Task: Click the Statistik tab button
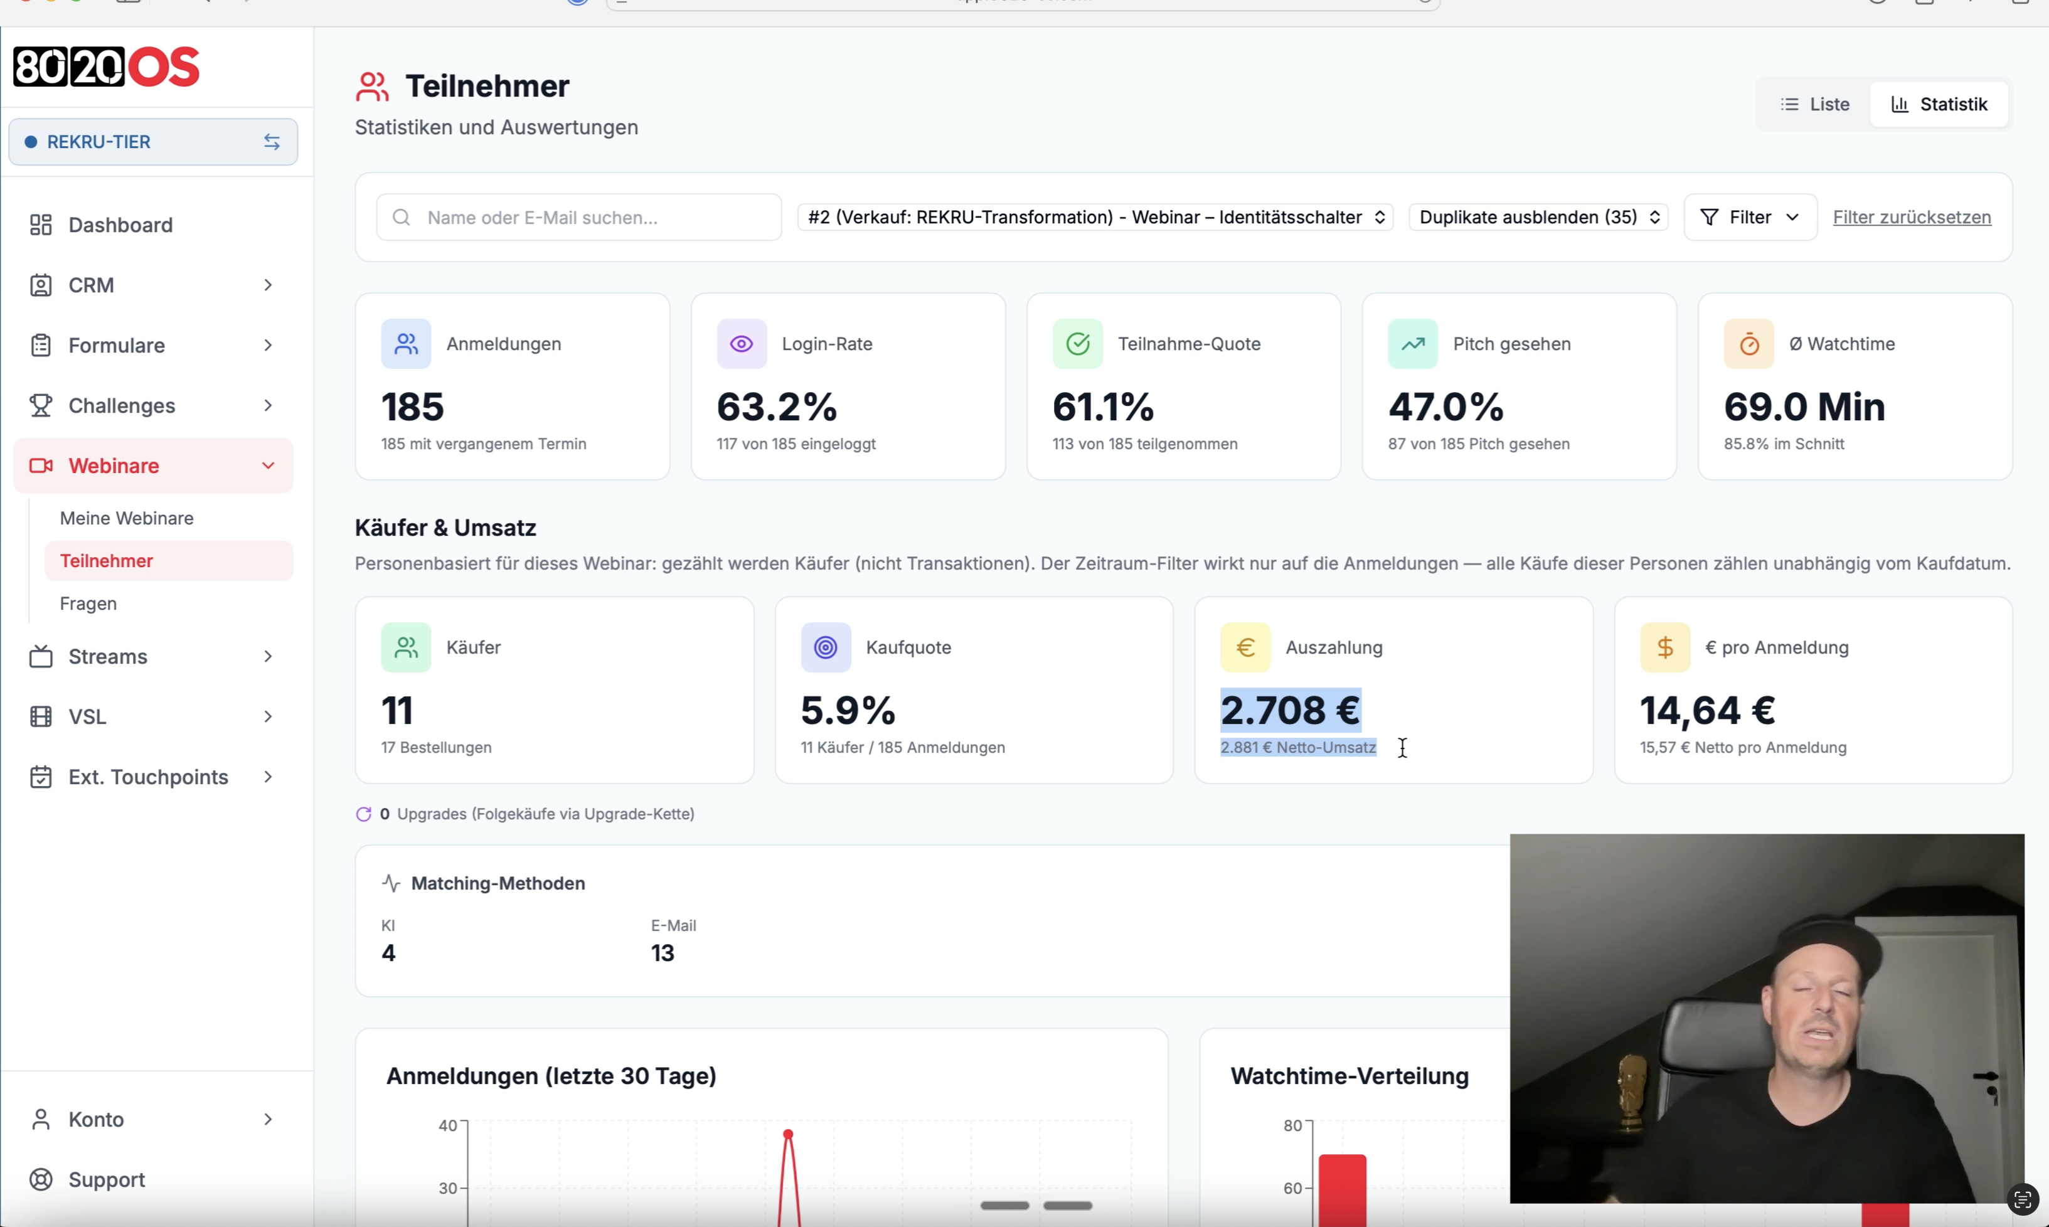tap(1939, 104)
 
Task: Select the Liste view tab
tap(1814, 104)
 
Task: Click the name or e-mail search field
tap(579, 218)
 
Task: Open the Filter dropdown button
tap(1750, 218)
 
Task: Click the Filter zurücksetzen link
tap(1912, 218)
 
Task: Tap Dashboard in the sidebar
tap(120, 225)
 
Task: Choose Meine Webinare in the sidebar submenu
tap(127, 518)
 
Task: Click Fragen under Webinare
tap(88, 603)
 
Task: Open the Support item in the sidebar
tap(107, 1180)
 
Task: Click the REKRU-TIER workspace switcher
tap(153, 142)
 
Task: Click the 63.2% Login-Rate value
tap(777, 406)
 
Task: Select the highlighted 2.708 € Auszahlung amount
tap(1290, 710)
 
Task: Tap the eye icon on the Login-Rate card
tap(742, 344)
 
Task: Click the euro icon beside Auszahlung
tap(1245, 647)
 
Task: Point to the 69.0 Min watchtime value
tap(1804, 406)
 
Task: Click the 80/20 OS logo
tap(107, 67)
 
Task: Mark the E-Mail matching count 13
tap(663, 953)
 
